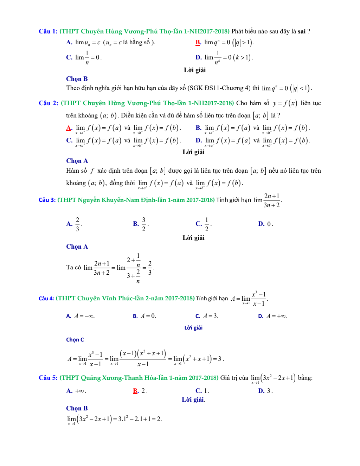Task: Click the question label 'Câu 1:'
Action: point(48,31)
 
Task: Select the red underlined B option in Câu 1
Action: point(198,43)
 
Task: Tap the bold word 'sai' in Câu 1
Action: point(301,31)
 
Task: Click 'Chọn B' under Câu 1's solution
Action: point(77,79)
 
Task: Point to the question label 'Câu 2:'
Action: point(49,103)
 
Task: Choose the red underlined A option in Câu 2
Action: point(69,128)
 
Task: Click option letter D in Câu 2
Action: point(198,141)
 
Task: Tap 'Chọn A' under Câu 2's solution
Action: point(77,161)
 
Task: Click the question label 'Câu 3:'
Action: point(47,200)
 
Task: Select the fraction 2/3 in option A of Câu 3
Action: point(77,224)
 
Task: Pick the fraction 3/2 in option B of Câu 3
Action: point(143,224)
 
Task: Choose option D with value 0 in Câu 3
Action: point(265,224)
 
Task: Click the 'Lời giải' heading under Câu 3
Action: point(193,238)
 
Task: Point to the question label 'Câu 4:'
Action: point(46,298)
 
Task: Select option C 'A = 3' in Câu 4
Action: point(207,316)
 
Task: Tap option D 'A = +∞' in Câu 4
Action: point(272,316)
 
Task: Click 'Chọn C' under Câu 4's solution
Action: point(75,340)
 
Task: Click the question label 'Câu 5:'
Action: point(48,378)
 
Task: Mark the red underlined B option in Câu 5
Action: point(136,391)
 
